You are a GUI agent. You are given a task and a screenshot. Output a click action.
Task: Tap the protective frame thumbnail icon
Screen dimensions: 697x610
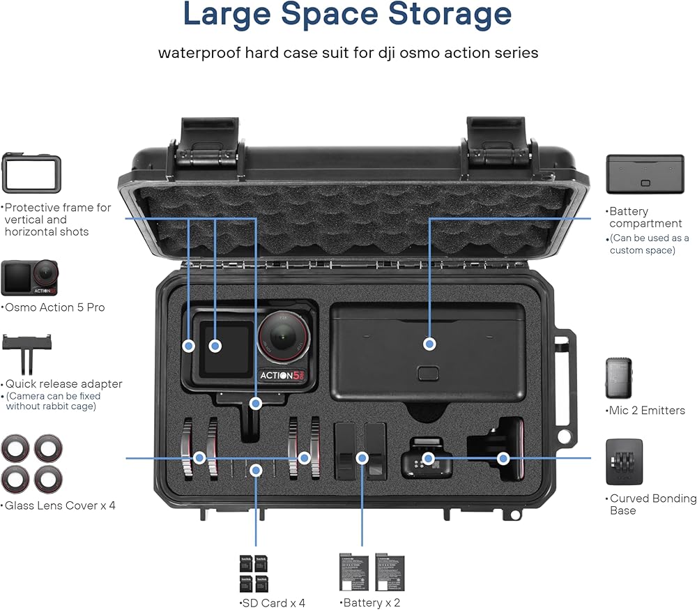tap(31, 174)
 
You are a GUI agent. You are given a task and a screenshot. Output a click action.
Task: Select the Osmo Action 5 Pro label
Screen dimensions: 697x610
tap(53, 307)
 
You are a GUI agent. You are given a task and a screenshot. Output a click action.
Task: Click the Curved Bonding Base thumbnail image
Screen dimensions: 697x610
tap(624, 462)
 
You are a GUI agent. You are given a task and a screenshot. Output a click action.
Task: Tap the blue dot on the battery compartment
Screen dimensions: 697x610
tap(429, 344)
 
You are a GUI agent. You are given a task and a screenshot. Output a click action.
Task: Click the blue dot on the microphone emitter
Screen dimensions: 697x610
tap(429, 458)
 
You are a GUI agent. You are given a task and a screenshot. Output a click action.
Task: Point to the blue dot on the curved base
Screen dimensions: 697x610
tap(503, 458)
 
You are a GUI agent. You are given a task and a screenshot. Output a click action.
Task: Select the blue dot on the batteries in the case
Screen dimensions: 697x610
tap(362, 458)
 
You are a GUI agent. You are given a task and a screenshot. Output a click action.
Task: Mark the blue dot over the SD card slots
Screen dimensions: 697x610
tap(256, 470)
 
